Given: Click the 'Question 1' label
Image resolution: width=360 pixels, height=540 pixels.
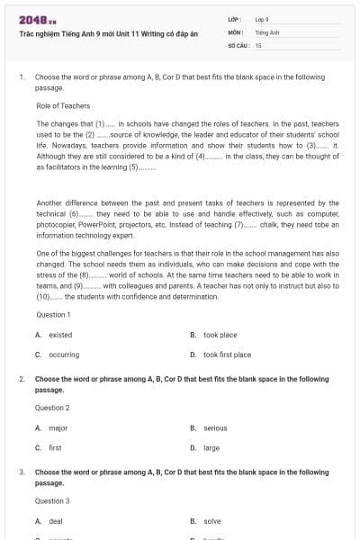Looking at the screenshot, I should (x=52, y=315).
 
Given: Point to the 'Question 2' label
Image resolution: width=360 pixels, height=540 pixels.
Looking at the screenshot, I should (x=52, y=408).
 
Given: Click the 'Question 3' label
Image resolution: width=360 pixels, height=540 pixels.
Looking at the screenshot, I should (x=52, y=500).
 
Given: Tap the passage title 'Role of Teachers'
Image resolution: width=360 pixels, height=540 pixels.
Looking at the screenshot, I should (x=61, y=106).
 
